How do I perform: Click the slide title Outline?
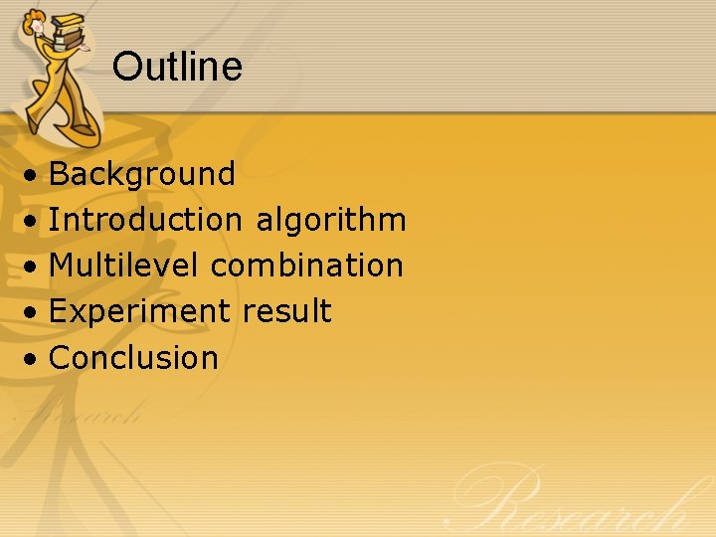click(177, 67)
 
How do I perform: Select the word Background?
click(141, 174)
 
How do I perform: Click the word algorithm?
click(331, 221)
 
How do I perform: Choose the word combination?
click(307, 266)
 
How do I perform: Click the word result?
click(286, 311)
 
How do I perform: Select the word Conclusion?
click(133, 357)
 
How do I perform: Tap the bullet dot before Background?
click(34, 176)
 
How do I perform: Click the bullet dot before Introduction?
click(34, 222)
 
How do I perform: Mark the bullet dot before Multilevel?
click(34, 268)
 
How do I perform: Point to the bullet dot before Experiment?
click(34, 313)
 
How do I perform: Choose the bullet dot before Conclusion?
click(34, 359)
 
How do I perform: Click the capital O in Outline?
click(126, 67)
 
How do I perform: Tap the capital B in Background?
click(59, 174)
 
